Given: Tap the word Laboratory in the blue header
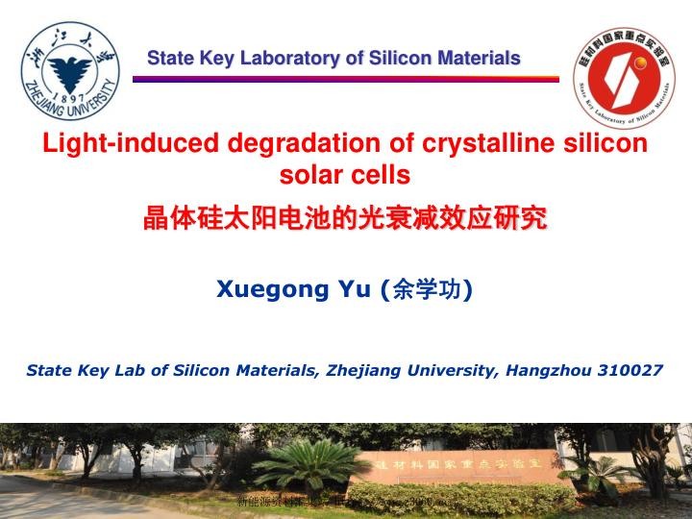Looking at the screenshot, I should [x=293, y=59].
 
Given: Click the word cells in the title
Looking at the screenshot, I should [x=383, y=175].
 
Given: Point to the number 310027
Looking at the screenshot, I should [x=626, y=369].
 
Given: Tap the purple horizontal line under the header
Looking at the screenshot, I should [x=345, y=79].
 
